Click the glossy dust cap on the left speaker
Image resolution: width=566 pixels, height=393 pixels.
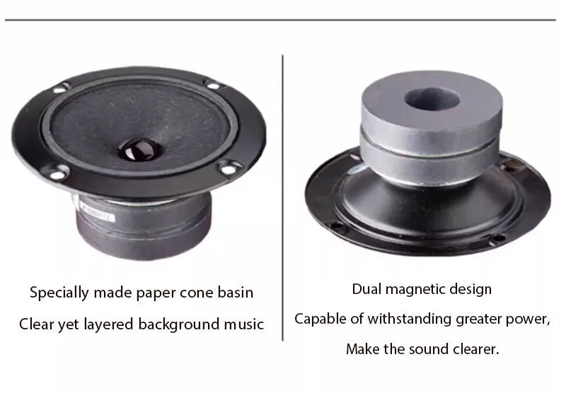pyautogui.click(x=139, y=149)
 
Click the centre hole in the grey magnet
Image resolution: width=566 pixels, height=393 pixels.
pyautogui.click(x=432, y=98)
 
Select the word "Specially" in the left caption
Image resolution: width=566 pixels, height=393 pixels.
pyautogui.click(x=59, y=293)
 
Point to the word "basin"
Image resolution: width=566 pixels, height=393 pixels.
pyautogui.click(x=235, y=293)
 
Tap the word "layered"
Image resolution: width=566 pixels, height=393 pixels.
pyautogui.click(x=109, y=324)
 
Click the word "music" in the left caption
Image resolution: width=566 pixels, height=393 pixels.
pyautogui.click(x=243, y=324)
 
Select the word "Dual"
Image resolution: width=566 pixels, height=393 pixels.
pyautogui.click(x=366, y=289)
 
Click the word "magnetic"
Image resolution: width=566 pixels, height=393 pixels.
pyautogui.click(x=415, y=290)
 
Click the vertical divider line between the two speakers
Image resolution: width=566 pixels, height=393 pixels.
pyautogui.click(x=282, y=198)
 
